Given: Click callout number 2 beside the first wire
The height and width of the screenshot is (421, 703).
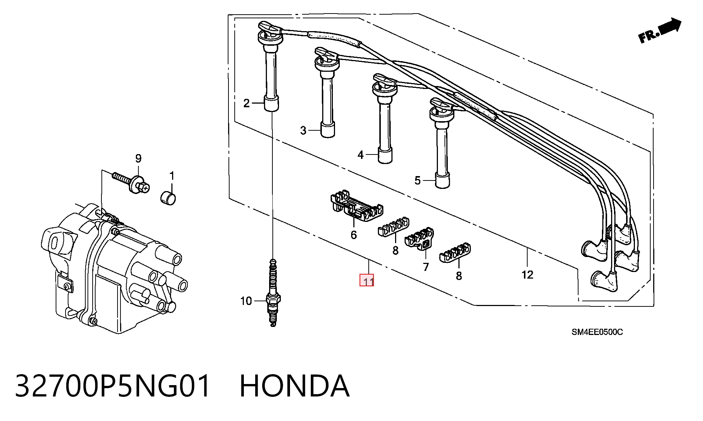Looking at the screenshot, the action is coord(246,103).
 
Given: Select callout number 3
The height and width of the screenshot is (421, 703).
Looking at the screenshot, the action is coord(303,130).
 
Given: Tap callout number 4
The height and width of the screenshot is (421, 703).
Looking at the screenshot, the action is coord(361,155).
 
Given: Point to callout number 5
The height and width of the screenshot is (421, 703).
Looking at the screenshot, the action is coord(418,180).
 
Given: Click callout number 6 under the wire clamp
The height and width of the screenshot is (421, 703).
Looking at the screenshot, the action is coord(354,235).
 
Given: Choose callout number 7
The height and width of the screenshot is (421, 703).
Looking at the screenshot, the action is coord(425,267).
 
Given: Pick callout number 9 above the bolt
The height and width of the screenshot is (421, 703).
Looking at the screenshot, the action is coord(138,159).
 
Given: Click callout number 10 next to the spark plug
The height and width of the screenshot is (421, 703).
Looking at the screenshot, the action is coord(246,301).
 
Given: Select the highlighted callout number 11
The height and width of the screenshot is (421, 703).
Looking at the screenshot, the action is coord(367,280).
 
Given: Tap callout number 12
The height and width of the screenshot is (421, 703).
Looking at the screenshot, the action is coord(527,275).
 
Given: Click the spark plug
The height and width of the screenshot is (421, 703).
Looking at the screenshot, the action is coord(273,292).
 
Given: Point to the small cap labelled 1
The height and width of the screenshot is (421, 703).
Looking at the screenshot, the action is coord(168,197).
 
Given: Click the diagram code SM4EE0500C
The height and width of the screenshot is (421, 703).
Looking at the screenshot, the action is coord(597,332).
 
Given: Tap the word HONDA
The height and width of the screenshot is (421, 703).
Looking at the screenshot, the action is coord(294,386).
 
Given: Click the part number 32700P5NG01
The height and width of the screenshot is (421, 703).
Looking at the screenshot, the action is coord(113,386).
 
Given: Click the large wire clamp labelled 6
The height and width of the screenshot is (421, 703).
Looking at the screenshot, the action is coord(357,207).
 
